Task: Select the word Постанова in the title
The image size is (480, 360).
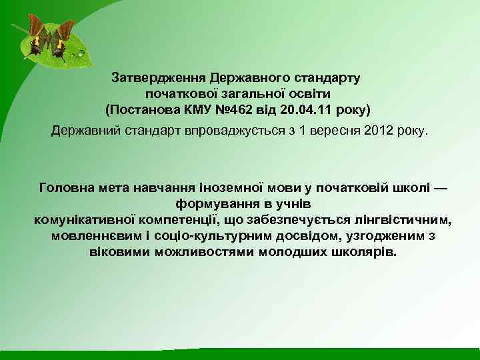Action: pos(141,108)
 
